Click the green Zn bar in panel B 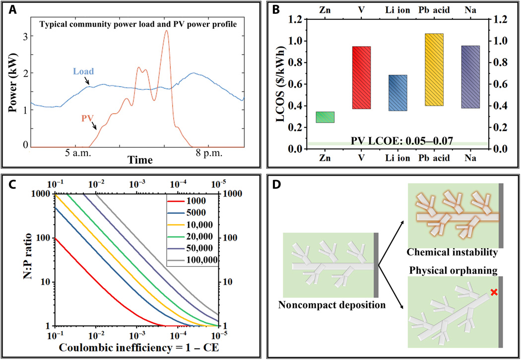coord(325,117)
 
